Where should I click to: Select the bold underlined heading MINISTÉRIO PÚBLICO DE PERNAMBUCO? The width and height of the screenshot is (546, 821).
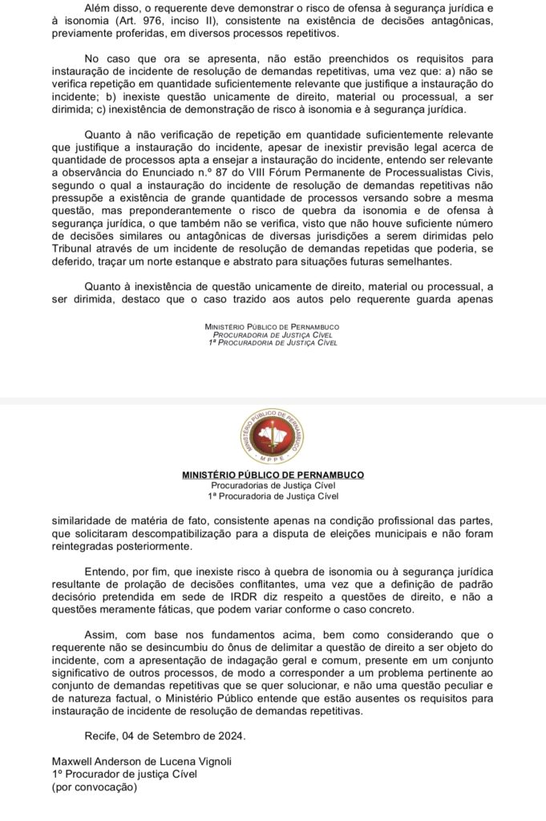click(273, 475)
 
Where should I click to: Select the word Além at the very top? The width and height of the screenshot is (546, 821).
click(98, 8)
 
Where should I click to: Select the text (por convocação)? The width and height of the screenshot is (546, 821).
click(95, 787)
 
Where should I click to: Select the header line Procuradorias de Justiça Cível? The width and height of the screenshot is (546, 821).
click(273, 486)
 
